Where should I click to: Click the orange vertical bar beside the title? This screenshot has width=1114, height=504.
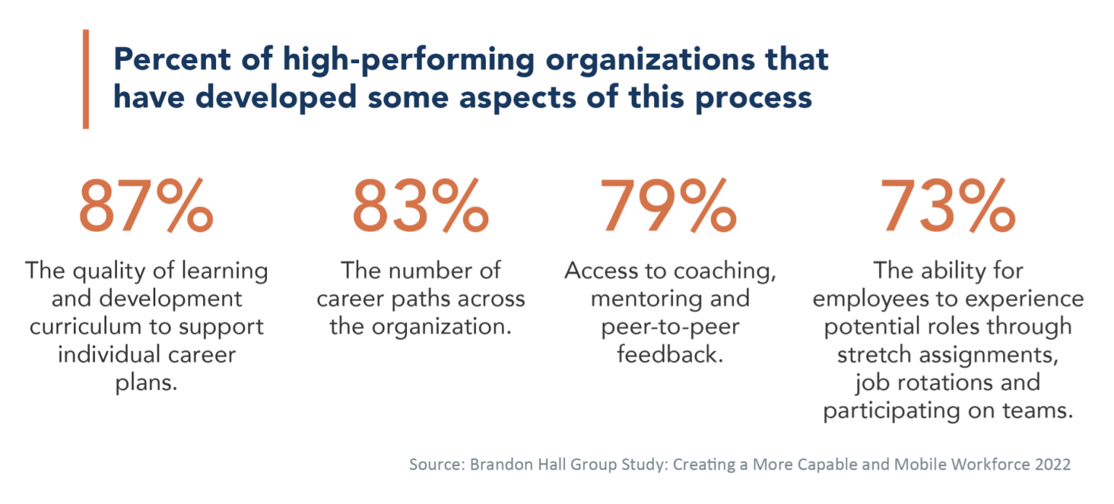[86, 79]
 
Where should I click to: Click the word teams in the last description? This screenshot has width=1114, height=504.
[1040, 411]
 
